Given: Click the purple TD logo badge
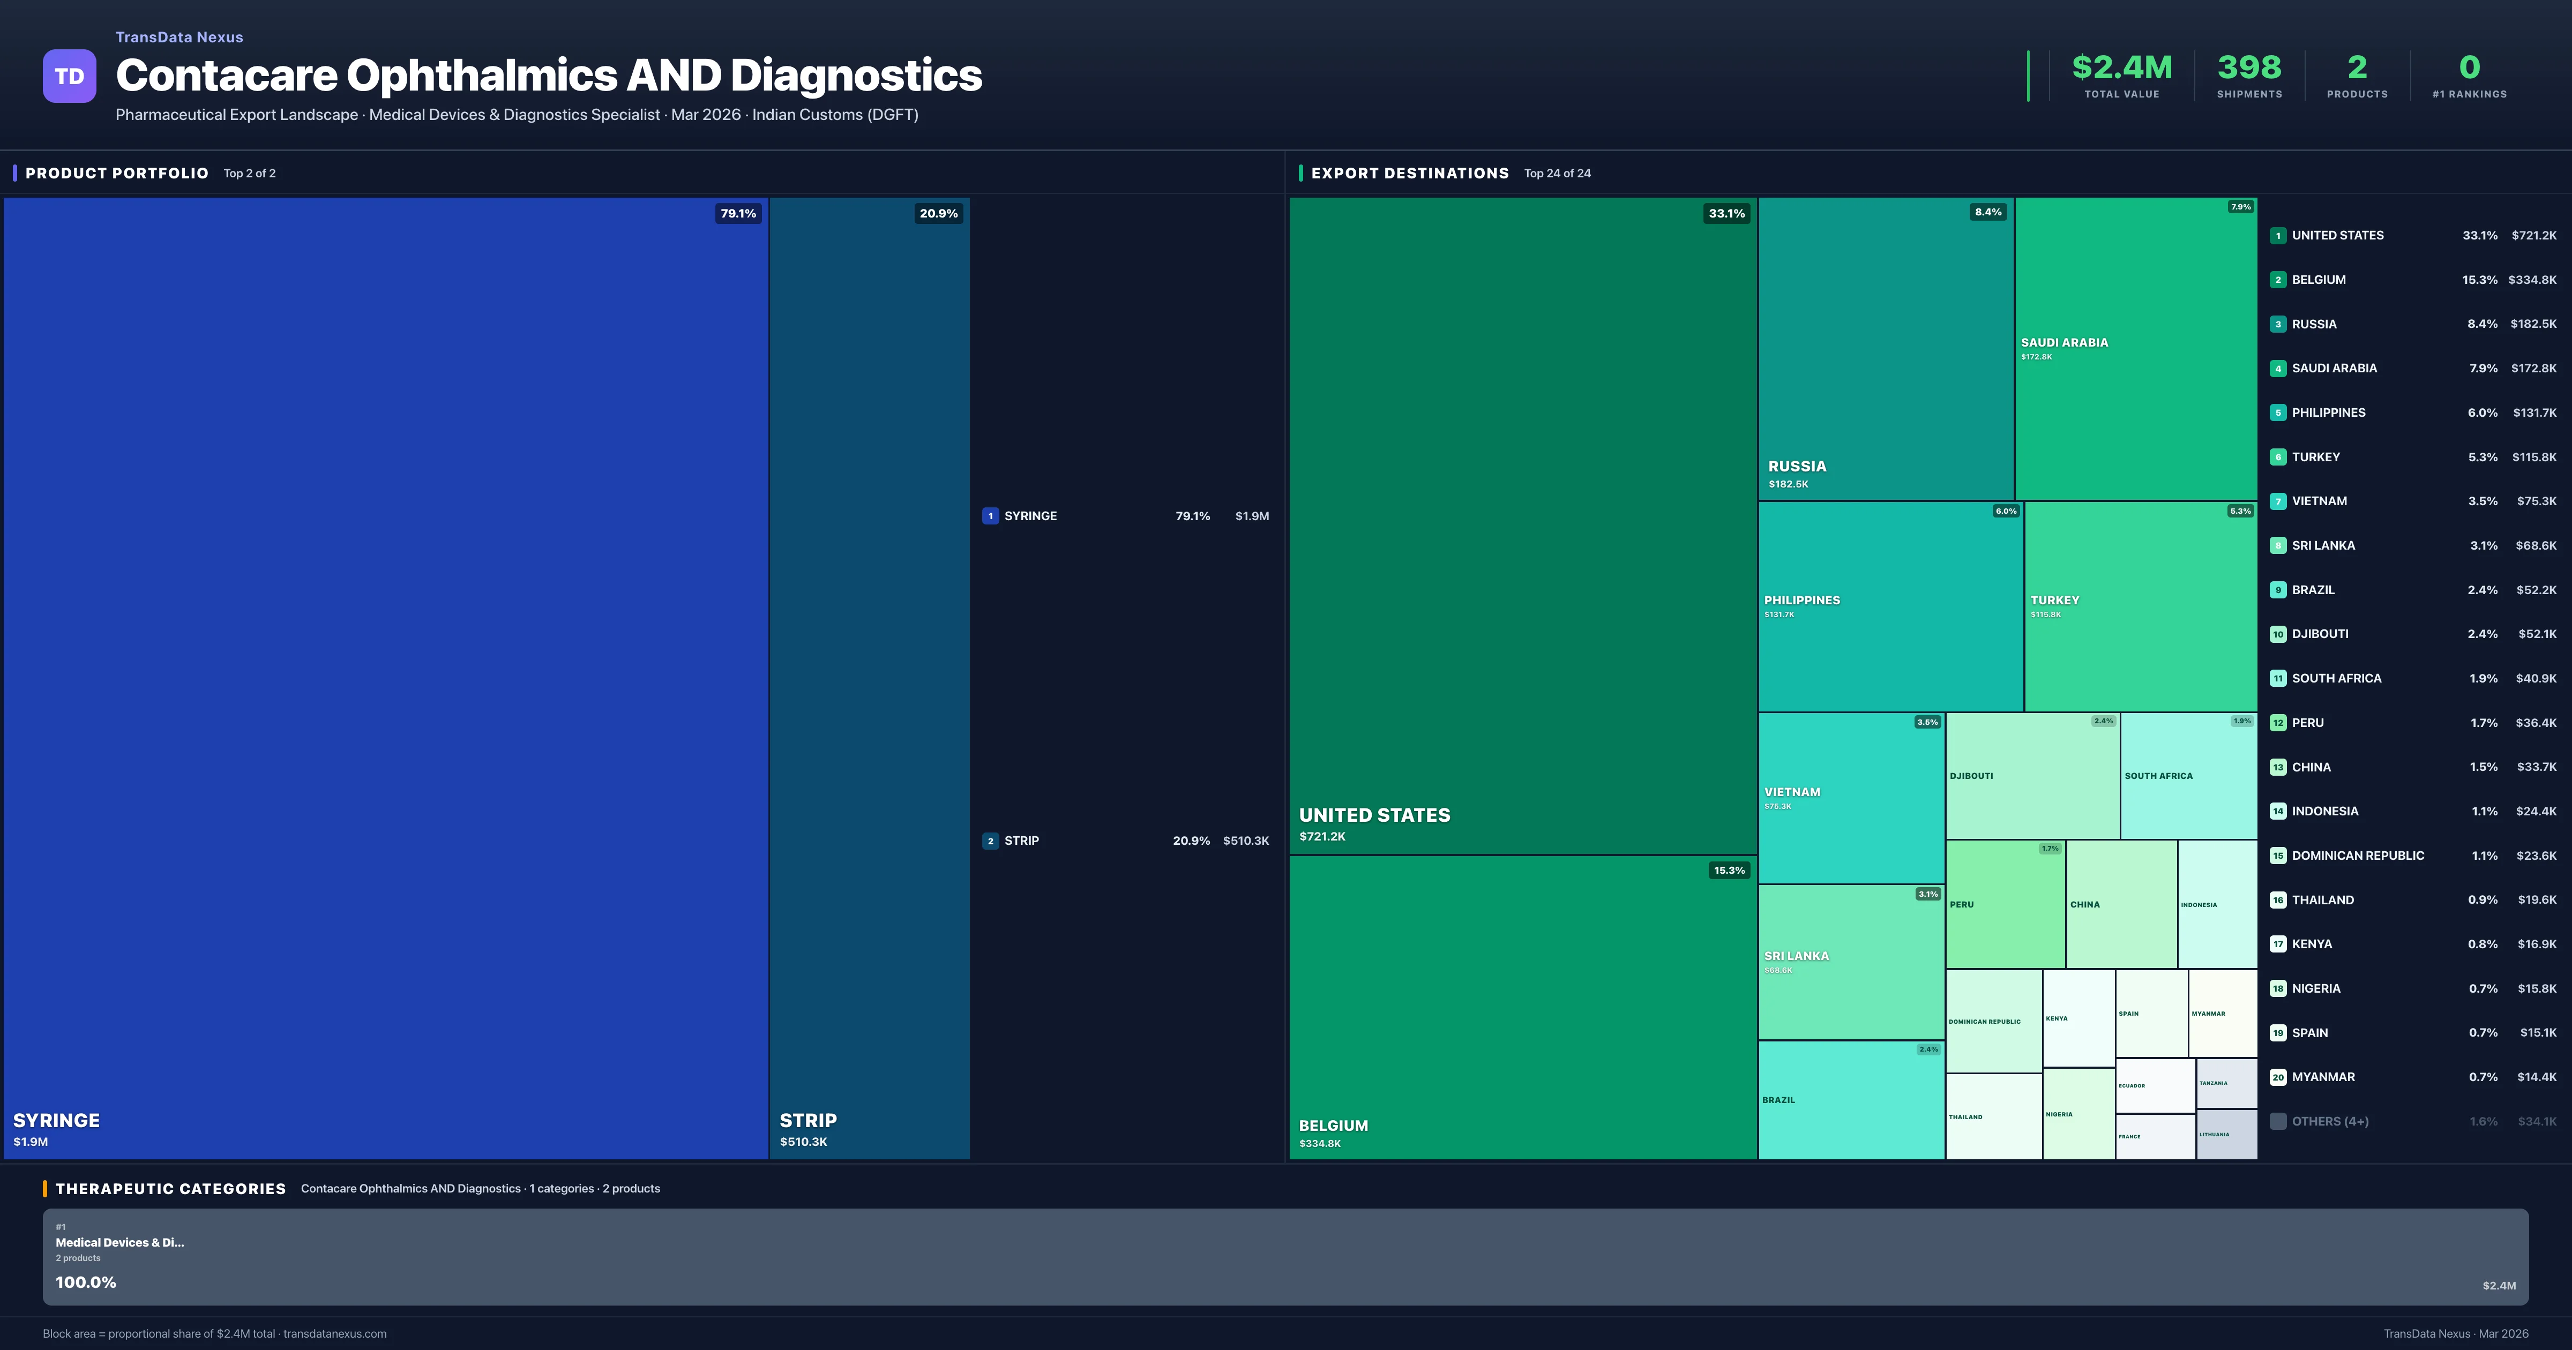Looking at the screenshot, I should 69,76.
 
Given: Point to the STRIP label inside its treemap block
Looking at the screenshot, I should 808,1120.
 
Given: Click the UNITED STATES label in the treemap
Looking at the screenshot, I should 1374,815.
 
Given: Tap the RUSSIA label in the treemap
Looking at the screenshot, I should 1796,466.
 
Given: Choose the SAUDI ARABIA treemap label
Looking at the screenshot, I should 2064,342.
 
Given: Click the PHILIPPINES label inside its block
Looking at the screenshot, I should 1801,600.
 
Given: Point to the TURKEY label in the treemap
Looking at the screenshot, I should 2054,600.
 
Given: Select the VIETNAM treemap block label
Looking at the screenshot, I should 1791,792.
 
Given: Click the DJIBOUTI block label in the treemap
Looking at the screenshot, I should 1971,776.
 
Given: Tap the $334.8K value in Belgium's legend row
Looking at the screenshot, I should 2531,280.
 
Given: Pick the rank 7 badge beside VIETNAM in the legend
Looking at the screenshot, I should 2277,501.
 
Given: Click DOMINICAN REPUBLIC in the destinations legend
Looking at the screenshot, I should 2357,856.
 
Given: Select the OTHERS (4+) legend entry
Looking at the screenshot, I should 2329,1121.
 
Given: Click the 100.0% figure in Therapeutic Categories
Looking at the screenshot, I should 86,1282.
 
